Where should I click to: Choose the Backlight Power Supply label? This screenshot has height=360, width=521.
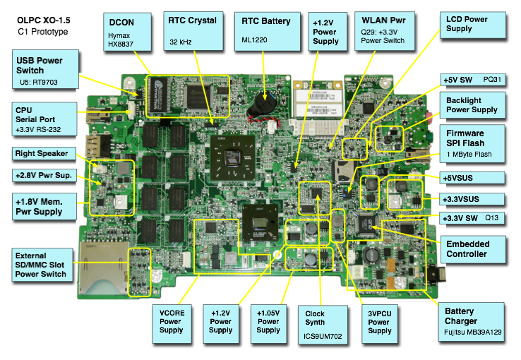[472, 105]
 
